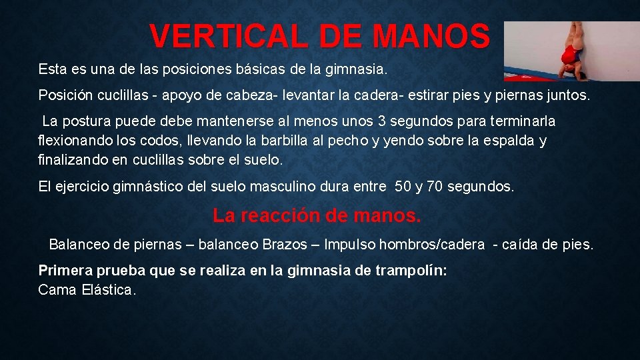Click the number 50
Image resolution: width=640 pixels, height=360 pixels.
point(403,187)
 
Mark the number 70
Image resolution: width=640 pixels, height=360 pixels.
point(435,187)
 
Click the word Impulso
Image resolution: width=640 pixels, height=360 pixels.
point(350,245)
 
